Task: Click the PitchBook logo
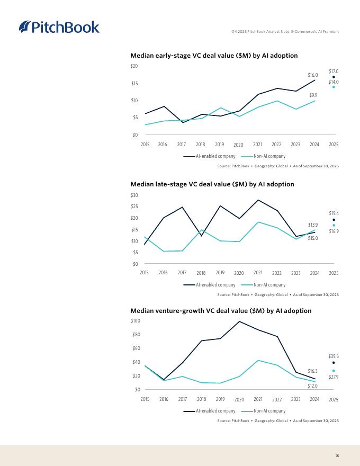(59, 26)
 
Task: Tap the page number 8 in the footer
(337, 455)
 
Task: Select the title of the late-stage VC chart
(212, 184)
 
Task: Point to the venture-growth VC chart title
(221, 311)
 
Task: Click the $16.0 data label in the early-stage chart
(313, 76)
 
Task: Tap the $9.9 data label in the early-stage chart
(313, 95)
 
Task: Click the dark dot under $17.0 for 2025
(334, 77)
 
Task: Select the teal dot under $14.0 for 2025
(334, 87)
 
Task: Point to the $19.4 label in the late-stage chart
(334, 213)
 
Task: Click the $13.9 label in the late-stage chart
(313, 225)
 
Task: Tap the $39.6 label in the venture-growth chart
(334, 357)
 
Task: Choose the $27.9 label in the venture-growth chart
(334, 377)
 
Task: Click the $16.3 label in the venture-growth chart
(312, 372)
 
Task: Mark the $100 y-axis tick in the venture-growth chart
(135, 321)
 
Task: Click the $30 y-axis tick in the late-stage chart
(134, 195)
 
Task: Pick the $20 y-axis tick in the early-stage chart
(134, 66)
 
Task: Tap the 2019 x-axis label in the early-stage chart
(220, 145)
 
